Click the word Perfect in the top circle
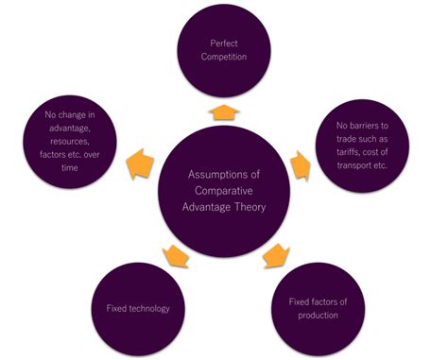click(224, 43)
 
